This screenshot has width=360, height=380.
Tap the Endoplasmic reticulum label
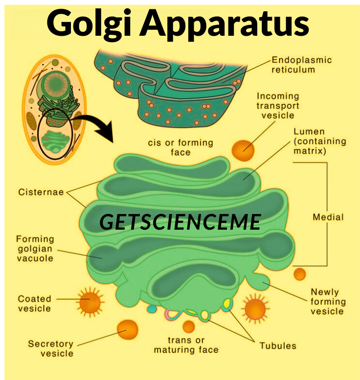pos(302,65)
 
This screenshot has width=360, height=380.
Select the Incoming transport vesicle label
pos(278,106)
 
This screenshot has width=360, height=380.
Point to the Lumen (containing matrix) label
pos(319,142)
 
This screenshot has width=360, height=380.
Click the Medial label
pos(328,217)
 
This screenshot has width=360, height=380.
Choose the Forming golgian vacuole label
pos(35,248)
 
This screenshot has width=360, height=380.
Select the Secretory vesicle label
pos(50,348)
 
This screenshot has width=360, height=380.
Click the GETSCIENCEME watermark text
pos(180,222)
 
